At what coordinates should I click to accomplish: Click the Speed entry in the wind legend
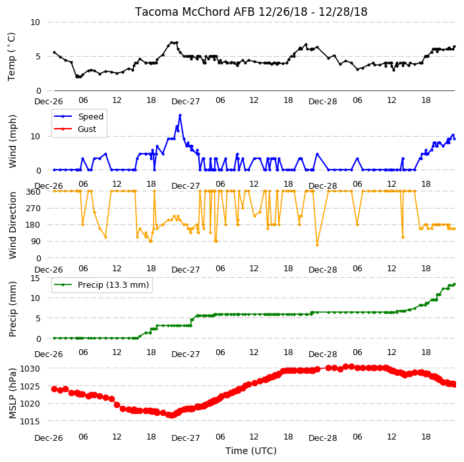coord(78,116)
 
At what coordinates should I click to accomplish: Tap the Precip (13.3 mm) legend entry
coord(101,284)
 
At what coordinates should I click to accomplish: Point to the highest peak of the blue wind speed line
coord(180,115)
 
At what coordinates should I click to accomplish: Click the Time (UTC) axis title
coord(251,451)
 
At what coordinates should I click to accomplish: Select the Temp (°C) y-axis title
coord(12,57)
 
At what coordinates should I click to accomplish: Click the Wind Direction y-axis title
coord(13,225)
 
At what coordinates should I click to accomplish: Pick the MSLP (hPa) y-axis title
coord(13,393)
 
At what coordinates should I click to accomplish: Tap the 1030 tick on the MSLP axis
coord(30,369)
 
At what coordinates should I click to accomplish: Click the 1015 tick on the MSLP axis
coord(30,421)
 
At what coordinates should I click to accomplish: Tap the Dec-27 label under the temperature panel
coord(186,102)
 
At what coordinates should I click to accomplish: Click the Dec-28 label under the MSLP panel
coord(322,438)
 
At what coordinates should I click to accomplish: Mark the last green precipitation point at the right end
coord(455,284)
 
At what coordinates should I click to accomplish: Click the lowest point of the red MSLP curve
coord(171,416)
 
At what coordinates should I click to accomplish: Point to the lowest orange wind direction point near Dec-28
coord(317,245)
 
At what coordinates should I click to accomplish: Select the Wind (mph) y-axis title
coord(13,141)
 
